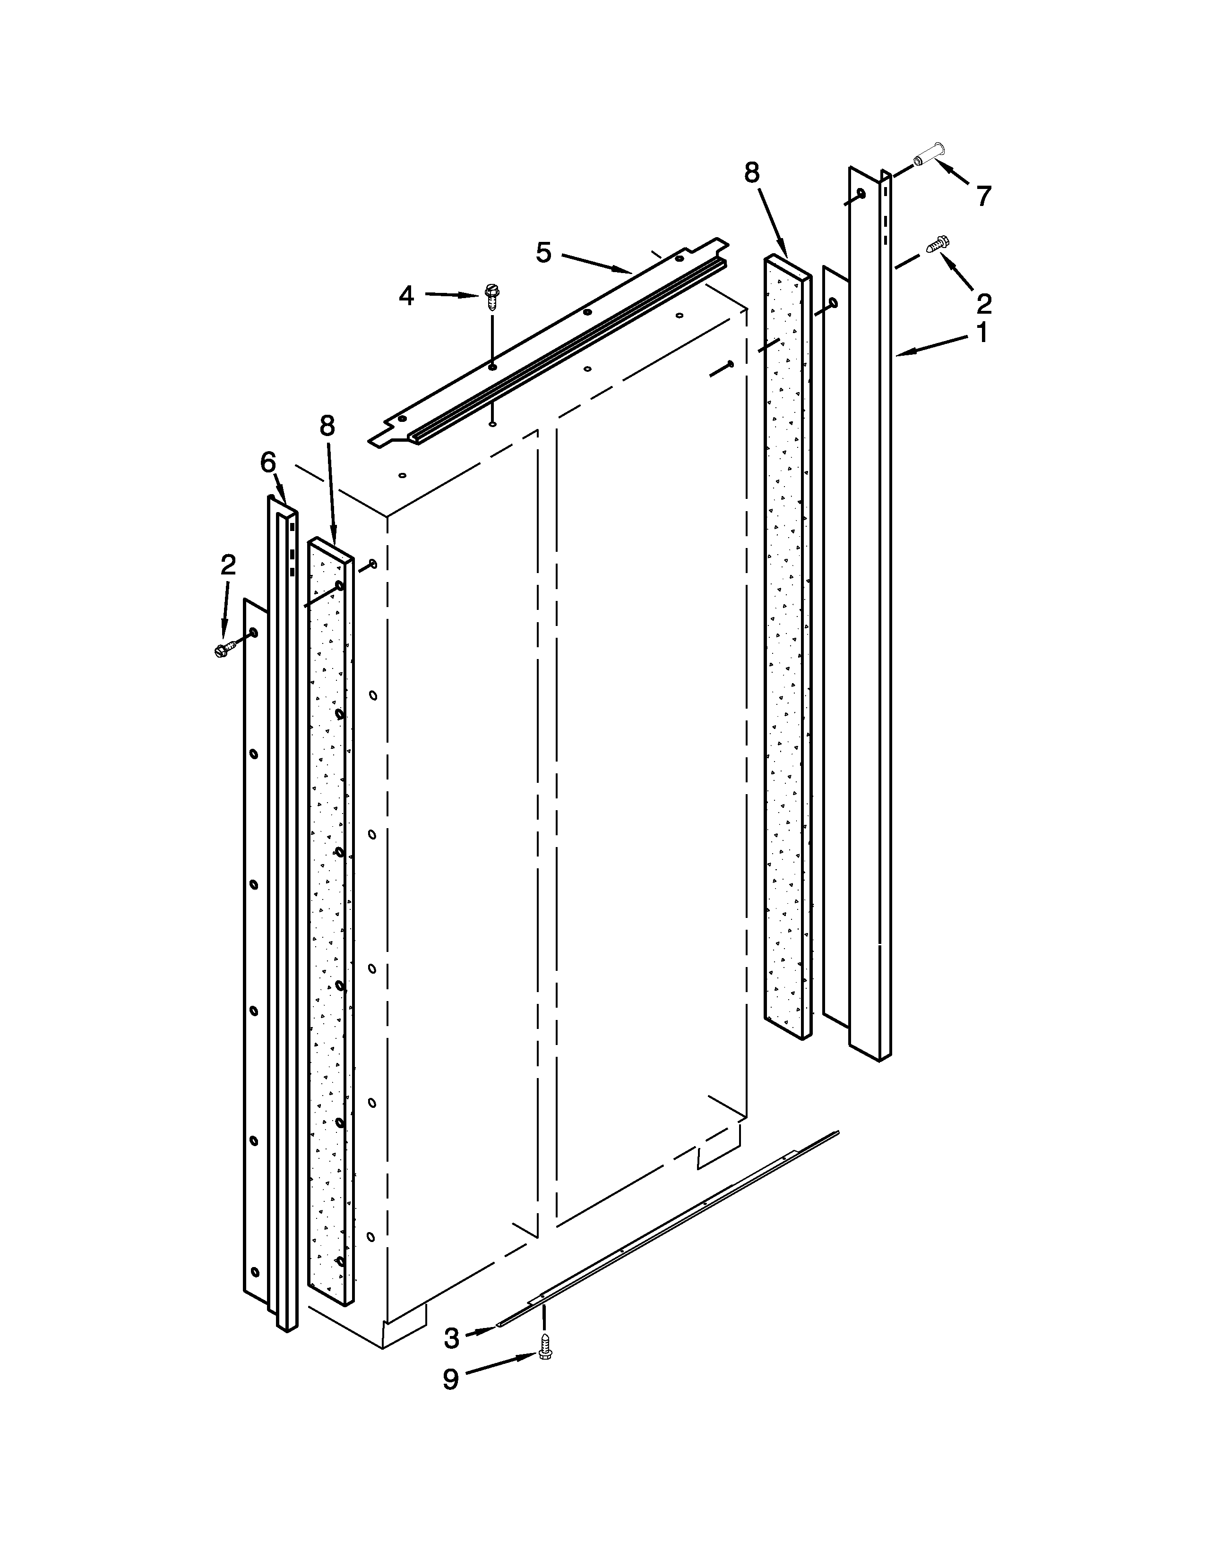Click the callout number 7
984,195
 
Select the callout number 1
982,332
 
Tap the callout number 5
544,253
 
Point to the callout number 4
407,295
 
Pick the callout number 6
267,463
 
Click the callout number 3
451,1338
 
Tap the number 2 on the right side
984,304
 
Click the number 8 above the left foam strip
327,426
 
